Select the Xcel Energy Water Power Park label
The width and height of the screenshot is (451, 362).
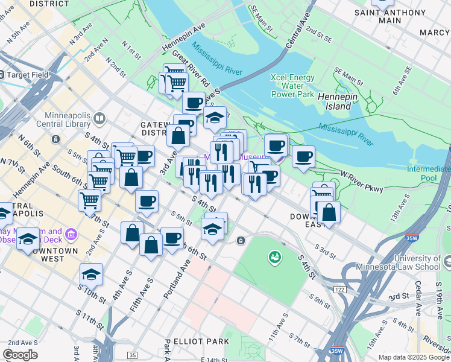[x=292, y=86]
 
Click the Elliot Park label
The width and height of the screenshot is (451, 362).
[x=200, y=341]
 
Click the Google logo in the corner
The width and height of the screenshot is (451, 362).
[x=20, y=354]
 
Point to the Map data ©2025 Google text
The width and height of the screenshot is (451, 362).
[x=414, y=357]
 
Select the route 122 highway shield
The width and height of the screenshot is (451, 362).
[x=340, y=290]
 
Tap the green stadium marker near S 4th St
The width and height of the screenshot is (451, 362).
[x=275, y=258]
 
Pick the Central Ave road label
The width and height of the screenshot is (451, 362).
[x=298, y=33]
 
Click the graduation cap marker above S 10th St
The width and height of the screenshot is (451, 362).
[x=91, y=275]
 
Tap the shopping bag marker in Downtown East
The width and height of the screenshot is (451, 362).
[x=329, y=212]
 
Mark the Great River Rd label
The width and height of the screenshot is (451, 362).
[x=191, y=68]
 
